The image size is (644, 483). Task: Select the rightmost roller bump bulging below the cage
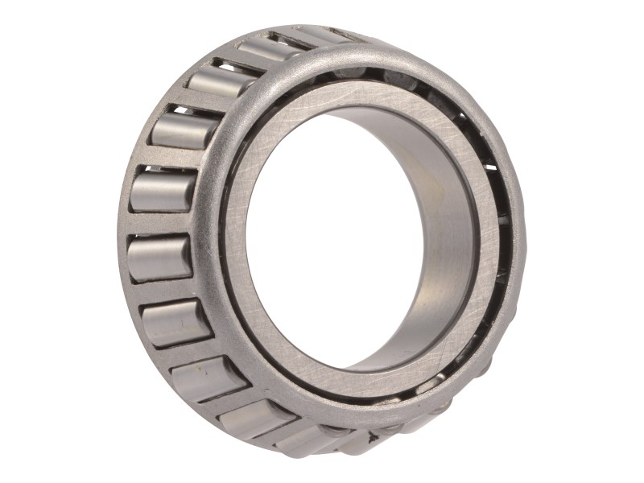[378, 439]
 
